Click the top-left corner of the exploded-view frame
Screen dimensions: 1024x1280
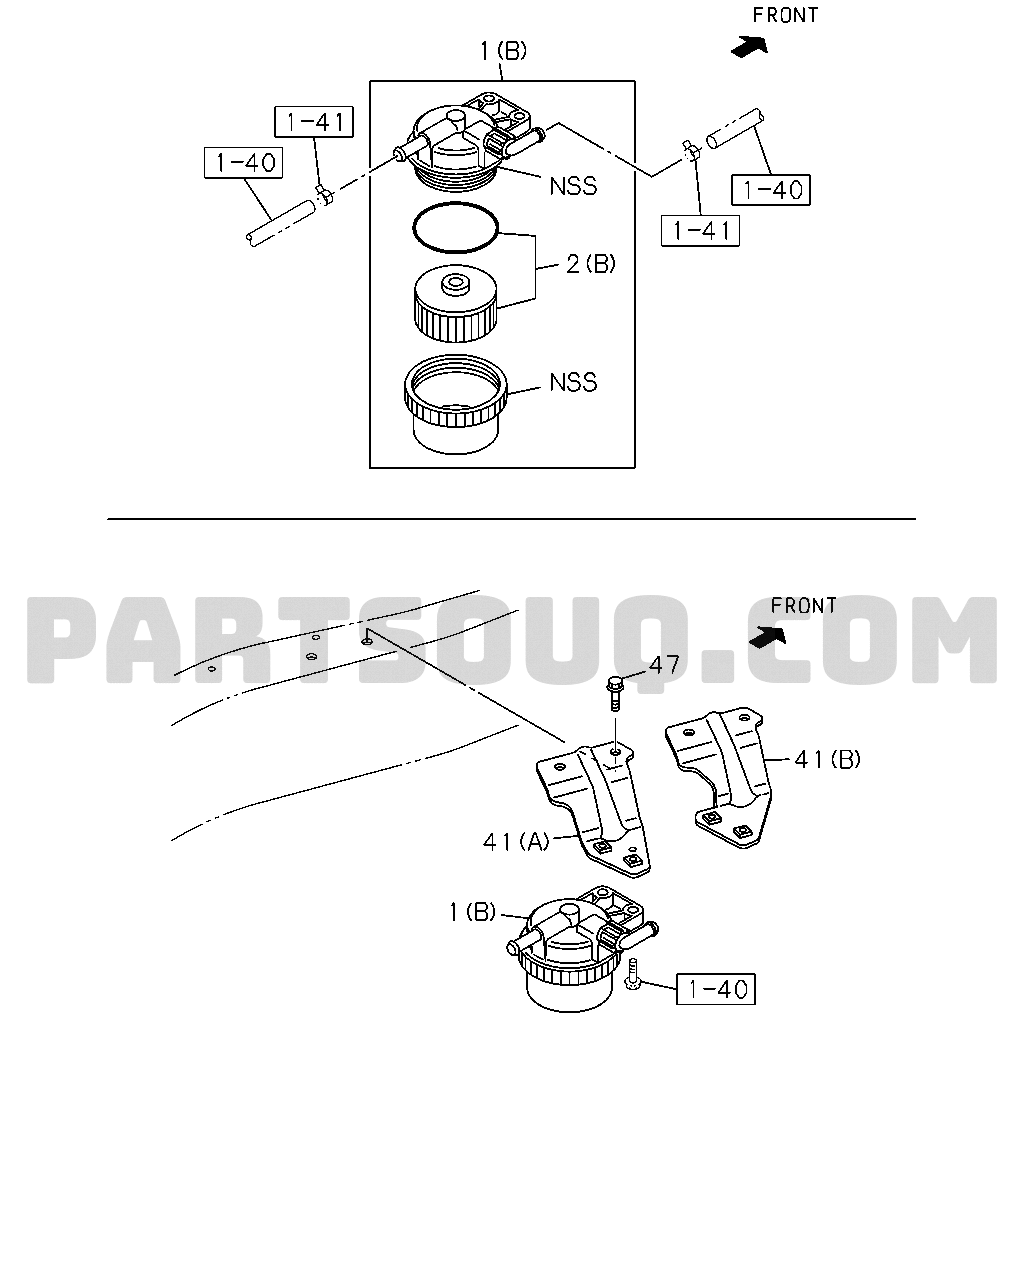[370, 81]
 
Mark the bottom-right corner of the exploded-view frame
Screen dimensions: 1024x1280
[635, 468]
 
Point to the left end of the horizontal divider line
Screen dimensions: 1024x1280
[108, 519]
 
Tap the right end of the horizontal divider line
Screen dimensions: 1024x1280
[916, 519]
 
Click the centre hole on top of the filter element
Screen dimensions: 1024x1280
[456, 281]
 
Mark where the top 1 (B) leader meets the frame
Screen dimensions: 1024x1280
[503, 81]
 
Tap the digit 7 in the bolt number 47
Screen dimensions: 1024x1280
[672, 665]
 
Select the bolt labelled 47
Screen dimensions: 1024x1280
[615, 694]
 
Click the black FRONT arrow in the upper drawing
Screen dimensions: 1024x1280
[749, 46]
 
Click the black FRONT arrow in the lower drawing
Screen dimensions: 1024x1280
[768, 637]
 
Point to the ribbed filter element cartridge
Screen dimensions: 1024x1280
[455, 305]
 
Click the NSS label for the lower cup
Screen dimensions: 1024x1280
[573, 382]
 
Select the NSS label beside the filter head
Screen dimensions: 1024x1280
[573, 187]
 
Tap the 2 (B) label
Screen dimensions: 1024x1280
[590, 264]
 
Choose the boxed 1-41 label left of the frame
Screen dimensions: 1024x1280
[314, 123]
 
